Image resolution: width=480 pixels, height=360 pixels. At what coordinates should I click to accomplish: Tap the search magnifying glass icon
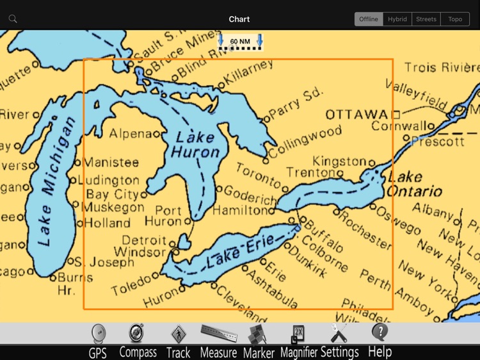(13, 19)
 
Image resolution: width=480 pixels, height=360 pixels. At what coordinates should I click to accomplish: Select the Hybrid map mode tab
(397, 19)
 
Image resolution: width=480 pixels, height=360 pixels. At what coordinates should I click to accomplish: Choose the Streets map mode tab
(426, 19)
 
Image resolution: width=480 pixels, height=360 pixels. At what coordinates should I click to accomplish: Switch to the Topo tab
(455, 19)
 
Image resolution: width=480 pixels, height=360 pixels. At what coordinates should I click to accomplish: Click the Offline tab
(369, 19)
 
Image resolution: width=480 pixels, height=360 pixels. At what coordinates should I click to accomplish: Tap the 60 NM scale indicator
(240, 42)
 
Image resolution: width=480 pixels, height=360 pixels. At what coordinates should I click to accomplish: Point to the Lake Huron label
(195, 145)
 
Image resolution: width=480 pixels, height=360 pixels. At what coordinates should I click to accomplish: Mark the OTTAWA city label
(356, 115)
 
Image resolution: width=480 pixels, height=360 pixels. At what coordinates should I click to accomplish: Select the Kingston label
(339, 161)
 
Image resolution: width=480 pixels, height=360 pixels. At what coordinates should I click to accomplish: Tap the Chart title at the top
(239, 19)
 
